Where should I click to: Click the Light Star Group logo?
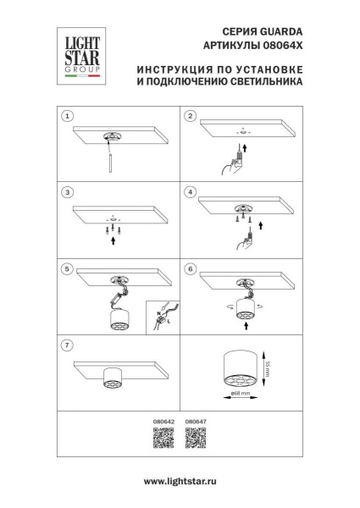tap(78, 54)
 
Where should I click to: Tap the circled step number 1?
tap(69, 115)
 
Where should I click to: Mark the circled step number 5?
tap(69, 268)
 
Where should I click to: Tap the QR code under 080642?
tap(163, 438)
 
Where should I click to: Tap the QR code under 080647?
tap(196, 438)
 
